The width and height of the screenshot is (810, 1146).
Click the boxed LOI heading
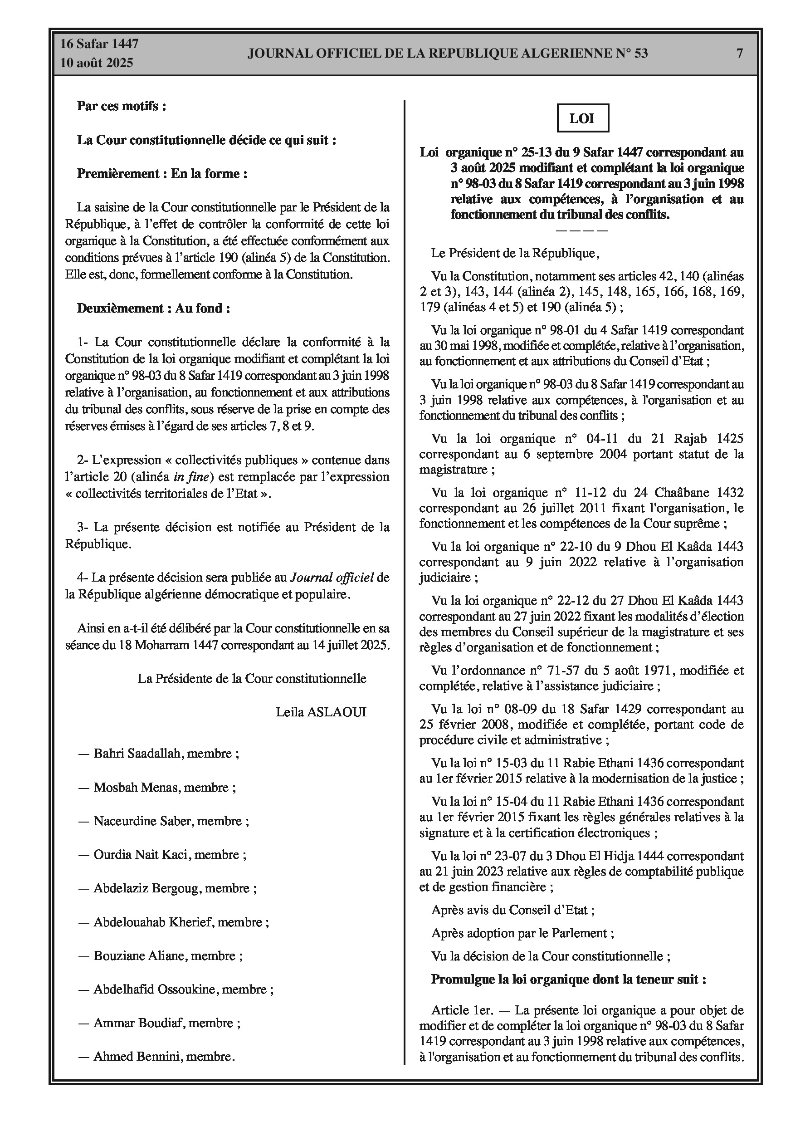[x=582, y=118]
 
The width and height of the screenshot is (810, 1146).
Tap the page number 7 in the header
[x=740, y=54]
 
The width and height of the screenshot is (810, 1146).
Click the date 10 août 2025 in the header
[x=97, y=63]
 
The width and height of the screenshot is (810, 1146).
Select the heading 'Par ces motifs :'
[x=121, y=106]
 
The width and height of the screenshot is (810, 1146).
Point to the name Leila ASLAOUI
[x=321, y=712]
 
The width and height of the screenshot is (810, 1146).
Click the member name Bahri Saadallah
[x=136, y=753]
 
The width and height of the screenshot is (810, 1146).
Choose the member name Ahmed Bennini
[x=137, y=1056]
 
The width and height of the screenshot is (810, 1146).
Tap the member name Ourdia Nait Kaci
[x=141, y=854]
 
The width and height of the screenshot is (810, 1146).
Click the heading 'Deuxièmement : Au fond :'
[x=153, y=308]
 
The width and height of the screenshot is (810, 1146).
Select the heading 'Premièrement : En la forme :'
[x=162, y=174]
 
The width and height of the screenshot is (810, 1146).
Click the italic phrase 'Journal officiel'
[x=332, y=578]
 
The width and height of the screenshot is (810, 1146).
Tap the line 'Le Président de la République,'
[x=515, y=253]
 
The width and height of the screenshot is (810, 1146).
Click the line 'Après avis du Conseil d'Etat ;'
[x=512, y=910]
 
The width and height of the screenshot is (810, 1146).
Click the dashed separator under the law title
[x=581, y=230]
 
